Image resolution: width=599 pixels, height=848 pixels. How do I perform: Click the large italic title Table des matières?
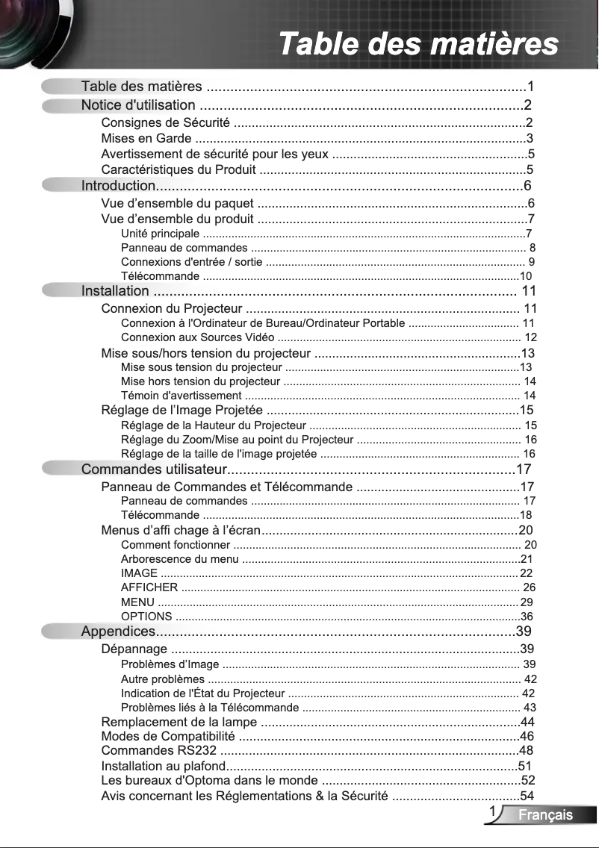click(x=418, y=44)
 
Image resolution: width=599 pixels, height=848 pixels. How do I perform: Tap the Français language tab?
click(x=546, y=814)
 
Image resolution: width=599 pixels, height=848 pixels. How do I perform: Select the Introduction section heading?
click(x=118, y=186)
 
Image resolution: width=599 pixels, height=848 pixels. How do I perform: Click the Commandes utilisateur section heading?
click(x=154, y=470)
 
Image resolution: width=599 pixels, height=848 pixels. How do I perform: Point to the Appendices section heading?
click(x=118, y=632)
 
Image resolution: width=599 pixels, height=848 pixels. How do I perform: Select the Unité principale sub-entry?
click(x=160, y=234)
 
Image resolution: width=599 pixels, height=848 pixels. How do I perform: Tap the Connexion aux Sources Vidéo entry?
click(x=192, y=338)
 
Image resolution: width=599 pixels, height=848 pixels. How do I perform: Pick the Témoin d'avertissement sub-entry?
click(x=181, y=396)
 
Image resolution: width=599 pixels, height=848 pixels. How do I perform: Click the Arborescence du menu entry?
click(x=179, y=559)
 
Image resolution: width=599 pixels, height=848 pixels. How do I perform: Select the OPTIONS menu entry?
click(x=146, y=617)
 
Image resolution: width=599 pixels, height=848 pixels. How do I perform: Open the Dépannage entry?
click(x=134, y=649)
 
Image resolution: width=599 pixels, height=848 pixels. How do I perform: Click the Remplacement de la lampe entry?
click(x=179, y=722)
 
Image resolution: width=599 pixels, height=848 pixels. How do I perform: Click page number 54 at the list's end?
click(x=527, y=796)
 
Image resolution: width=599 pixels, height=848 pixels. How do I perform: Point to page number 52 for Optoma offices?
click(x=528, y=781)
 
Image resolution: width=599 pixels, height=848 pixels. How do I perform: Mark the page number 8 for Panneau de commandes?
click(x=532, y=248)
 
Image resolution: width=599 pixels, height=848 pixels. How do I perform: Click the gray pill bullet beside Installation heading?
click(x=60, y=290)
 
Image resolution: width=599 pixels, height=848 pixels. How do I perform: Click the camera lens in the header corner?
click(x=22, y=22)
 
